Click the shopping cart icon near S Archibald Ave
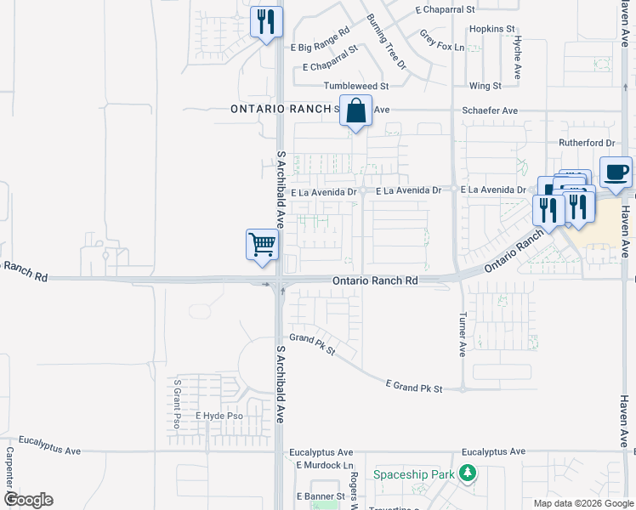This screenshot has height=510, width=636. coord(263,244)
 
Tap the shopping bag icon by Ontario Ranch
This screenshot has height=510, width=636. coord(356,110)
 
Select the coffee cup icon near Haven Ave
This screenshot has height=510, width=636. coord(616,172)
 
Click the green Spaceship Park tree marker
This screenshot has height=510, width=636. coord(467,473)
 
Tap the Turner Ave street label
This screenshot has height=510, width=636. coord(463,332)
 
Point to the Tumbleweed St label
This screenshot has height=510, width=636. coord(355,86)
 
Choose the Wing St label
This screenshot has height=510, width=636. coord(485,86)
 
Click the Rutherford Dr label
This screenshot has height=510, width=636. coord(586,143)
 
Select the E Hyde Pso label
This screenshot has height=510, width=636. coord(219,416)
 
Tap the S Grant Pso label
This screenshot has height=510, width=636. coord(178,403)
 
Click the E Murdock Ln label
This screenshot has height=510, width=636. coord(324,465)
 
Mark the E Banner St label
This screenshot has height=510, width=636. coord(320,496)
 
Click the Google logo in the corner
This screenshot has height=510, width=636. coord(27,500)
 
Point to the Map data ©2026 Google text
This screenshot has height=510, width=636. coord(582,503)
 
